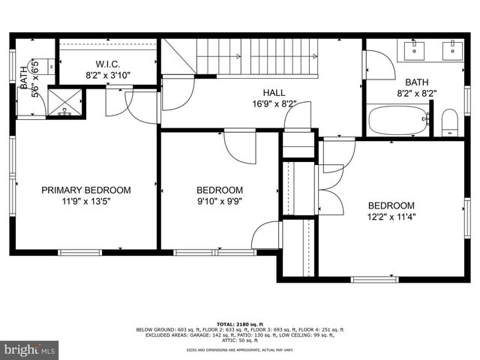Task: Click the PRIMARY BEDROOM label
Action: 85,190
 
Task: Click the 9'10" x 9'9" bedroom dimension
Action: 220,201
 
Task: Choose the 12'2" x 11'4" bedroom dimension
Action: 390,217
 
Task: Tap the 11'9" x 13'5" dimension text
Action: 85,201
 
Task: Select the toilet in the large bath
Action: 449,121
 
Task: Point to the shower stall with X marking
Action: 65,103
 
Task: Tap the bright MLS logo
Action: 30,349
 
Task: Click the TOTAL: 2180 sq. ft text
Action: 239,323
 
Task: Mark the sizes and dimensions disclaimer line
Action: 239,349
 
